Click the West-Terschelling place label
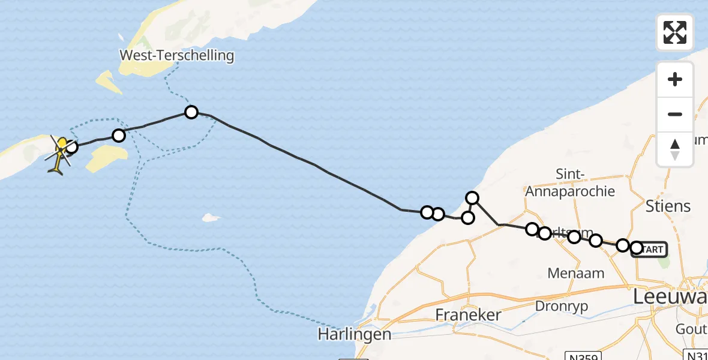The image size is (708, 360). pos(176,56)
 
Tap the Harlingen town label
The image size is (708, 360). pos(355,334)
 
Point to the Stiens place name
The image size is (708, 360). pos(668,206)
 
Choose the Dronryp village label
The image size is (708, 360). pos(563,305)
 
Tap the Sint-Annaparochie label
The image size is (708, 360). pos(570,182)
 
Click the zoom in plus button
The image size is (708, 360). pos(675,80)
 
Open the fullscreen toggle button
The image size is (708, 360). pos(675,32)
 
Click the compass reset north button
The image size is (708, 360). pos(675,149)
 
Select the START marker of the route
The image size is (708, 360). pos(650,248)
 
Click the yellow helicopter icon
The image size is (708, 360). pos(58,155)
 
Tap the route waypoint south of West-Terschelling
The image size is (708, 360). pos(191,112)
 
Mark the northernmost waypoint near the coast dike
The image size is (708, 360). pos(472,198)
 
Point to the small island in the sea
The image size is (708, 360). pos(209,217)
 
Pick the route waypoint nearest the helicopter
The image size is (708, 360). pos(71,146)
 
